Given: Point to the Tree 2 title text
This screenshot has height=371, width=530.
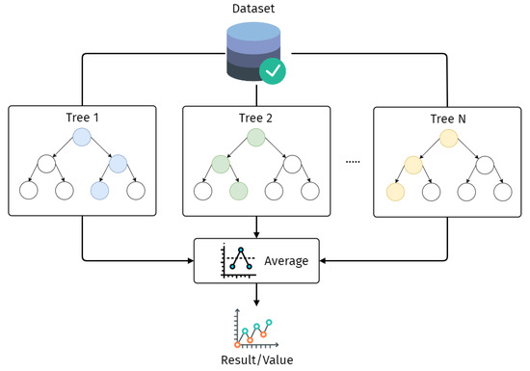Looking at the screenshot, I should pos(255,119).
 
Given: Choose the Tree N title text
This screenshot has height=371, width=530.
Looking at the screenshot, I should pos(448,119).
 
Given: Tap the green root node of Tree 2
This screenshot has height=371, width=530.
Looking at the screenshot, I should pos(255,139).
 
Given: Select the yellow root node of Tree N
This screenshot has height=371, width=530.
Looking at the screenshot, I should pos(448,139).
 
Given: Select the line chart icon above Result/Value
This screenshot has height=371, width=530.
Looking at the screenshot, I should pos(255,331).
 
